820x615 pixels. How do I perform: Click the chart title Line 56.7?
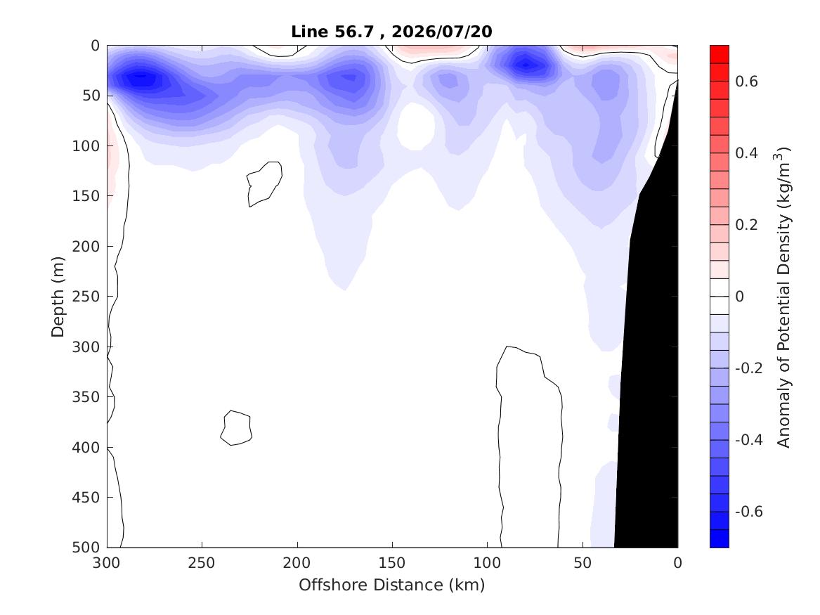332,32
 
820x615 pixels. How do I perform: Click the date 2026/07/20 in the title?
442,32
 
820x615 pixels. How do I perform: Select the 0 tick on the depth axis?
95,46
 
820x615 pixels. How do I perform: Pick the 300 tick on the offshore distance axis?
107,563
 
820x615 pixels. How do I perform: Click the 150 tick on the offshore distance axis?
391,563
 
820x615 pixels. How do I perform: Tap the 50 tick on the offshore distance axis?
582,563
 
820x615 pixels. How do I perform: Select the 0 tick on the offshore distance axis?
677,563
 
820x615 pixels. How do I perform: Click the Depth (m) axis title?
58,297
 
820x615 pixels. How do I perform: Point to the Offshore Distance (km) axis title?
391,585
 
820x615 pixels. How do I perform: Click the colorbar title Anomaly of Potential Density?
783,297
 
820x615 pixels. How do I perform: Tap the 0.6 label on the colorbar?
746,81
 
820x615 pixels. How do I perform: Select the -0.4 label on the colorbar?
749,439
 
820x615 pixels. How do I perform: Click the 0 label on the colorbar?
739,296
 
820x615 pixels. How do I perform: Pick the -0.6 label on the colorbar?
749,511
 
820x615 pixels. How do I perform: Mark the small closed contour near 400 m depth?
236,428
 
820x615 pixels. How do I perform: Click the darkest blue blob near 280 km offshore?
141,79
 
